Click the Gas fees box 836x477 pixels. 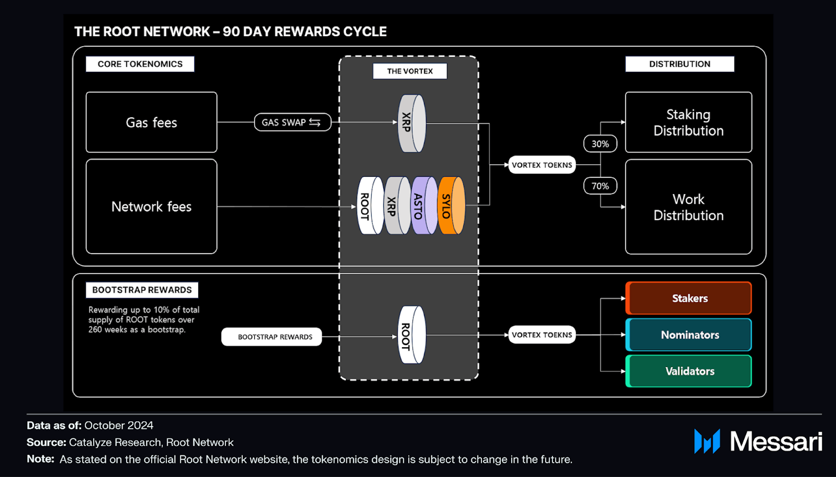coord(151,122)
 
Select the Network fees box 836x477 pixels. coord(151,206)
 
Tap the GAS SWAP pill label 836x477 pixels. coord(292,122)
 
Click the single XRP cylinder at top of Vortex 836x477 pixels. coord(411,123)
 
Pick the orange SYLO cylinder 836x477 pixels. coord(452,205)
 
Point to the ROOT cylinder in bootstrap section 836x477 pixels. coord(411,335)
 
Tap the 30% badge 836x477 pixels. coord(600,144)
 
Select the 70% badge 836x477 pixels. coord(600,186)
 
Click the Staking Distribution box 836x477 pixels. coord(688,122)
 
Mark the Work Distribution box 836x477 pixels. coord(688,207)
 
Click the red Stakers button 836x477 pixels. coord(689,298)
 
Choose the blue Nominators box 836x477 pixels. coord(689,335)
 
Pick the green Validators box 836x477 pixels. coord(689,371)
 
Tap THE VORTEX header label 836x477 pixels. coord(410,71)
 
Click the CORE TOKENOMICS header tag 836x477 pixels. coord(140,64)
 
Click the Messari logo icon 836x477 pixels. coord(707,441)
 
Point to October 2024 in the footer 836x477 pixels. coord(119,425)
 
